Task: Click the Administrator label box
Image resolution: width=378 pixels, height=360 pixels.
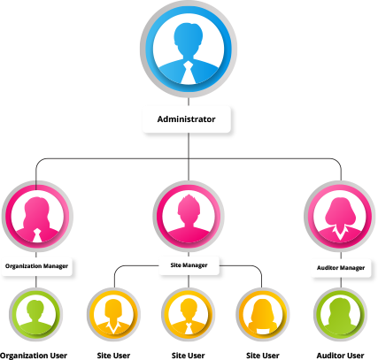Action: click(186, 119)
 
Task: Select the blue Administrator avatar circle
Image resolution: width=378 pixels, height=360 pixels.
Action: click(189, 49)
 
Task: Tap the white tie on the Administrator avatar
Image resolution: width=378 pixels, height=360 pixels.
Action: click(188, 73)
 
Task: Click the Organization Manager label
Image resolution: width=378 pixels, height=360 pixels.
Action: click(36, 266)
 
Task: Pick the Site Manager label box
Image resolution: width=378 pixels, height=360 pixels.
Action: click(189, 265)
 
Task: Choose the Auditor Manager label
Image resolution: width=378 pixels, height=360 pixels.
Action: click(341, 268)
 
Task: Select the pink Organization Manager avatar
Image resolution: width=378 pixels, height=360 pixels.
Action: click(37, 217)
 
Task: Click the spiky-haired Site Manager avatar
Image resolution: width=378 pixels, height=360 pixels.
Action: click(189, 217)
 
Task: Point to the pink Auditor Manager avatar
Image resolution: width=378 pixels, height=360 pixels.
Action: click(340, 217)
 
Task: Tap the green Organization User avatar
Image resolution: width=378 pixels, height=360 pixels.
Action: click(35, 315)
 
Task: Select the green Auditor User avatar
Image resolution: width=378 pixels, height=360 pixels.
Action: click(340, 315)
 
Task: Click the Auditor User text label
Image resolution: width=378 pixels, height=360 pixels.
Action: click(340, 356)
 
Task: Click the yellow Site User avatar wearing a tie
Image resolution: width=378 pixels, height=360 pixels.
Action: click(189, 315)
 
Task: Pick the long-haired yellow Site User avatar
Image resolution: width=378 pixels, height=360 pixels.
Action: click(263, 315)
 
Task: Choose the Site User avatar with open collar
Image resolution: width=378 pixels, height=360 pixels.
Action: click(113, 315)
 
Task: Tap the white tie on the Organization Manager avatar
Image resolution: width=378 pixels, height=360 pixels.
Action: click(36, 235)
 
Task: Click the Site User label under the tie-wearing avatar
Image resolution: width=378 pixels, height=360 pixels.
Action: click(189, 356)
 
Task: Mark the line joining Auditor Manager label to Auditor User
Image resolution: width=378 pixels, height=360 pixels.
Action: click(341, 282)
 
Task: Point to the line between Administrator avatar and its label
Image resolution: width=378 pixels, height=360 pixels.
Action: click(189, 102)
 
